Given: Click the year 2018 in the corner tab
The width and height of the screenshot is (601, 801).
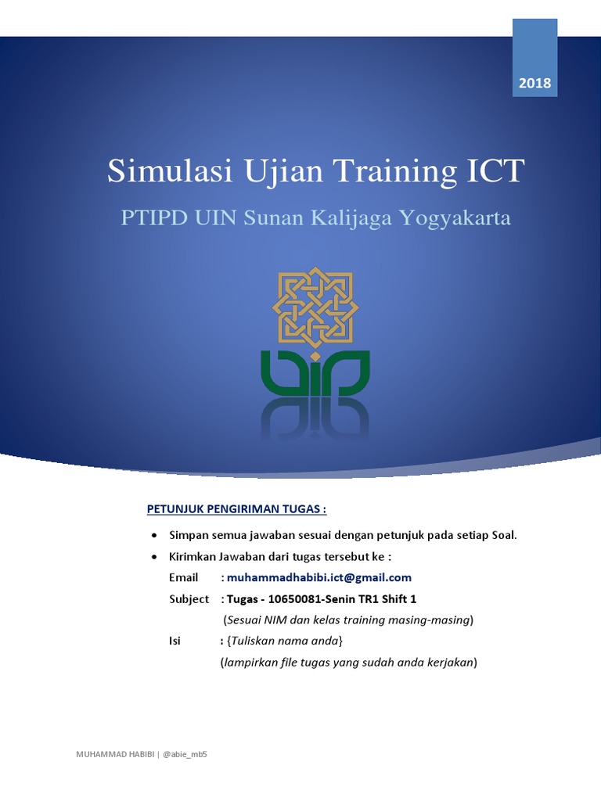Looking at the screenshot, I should [534, 82].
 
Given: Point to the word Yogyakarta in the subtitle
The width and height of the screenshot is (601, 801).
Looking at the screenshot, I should [455, 218].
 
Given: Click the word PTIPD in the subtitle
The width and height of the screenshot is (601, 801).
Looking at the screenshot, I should [152, 218].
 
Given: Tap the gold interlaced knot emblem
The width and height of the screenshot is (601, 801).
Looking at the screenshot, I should [315, 307].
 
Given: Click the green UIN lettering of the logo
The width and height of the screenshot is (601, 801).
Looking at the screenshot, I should [315, 374].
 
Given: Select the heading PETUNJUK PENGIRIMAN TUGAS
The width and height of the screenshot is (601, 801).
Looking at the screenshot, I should [237, 509].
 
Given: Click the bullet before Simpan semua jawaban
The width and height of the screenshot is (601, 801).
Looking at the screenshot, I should [154, 536].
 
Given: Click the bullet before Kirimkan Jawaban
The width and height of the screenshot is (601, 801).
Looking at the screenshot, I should [154, 557].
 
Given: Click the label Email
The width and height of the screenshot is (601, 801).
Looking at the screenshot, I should [184, 578].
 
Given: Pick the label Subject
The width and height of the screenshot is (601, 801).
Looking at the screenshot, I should [189, 599].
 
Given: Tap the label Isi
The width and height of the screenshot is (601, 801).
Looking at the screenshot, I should [175, 641].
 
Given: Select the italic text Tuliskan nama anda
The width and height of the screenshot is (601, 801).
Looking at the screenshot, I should [283, 641].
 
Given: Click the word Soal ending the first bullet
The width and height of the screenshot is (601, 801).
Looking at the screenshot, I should [502, 536].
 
